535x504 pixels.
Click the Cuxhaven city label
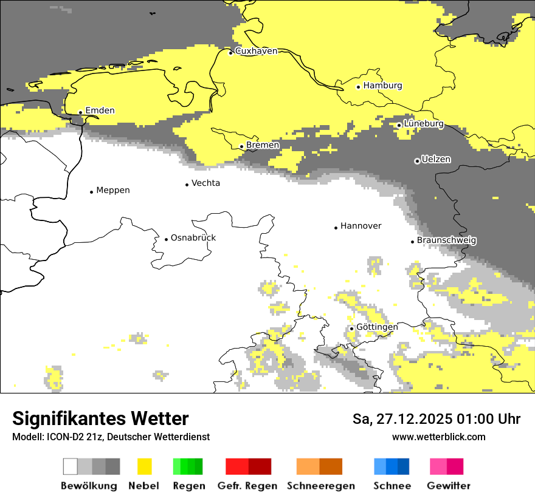(256, 51)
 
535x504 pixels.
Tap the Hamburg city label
(382, 86)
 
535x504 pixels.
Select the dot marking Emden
(80, 112)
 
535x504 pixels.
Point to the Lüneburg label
(423, 124)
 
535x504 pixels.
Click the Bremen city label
(263, 145)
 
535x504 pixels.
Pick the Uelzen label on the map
(436, 160)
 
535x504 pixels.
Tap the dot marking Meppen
(91, 192)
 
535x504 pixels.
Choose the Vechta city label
(205, 183)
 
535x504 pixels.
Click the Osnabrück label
(193, 238)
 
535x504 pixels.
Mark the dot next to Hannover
(336, 228)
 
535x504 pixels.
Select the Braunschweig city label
(446, 240)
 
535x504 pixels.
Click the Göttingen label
(377, 327)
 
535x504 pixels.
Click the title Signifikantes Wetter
(100, 419)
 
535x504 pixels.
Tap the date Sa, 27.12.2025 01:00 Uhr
(436, 419)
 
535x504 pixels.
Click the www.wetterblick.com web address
(438, 437)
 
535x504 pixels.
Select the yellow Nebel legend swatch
(144, 466)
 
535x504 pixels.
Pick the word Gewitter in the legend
(448, 486)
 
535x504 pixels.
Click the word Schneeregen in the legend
(320, 486)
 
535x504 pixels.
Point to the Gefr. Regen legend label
(247, 486)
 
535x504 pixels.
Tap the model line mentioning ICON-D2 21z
(111, 437)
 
